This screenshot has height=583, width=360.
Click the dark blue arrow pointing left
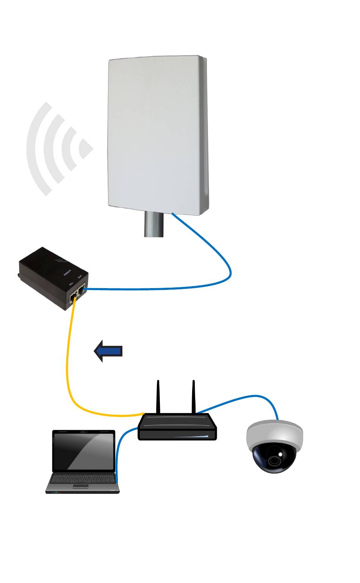(108, 351)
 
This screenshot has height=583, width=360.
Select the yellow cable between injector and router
(68, 364)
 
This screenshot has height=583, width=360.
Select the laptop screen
(83, 451)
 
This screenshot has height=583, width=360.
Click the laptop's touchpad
(81, 486)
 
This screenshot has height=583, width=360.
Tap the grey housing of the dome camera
(275, 432)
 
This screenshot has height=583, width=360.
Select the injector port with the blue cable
(81, 291)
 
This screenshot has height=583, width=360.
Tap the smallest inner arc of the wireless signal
(86, 149)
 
